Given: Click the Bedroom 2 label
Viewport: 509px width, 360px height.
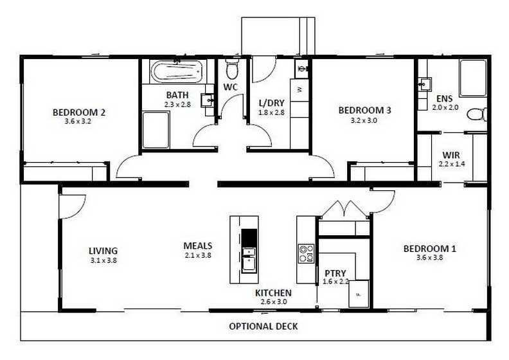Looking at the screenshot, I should click(78, 112).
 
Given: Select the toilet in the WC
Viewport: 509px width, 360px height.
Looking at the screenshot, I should click(232, 67).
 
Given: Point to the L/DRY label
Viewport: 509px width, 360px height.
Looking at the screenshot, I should click(270, 103).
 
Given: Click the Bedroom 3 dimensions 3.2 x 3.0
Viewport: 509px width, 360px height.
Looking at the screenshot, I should click(364, 120).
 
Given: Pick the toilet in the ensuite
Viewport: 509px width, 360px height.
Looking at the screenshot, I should click(476, 114).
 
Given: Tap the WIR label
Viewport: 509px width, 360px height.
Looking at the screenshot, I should click(450, 155).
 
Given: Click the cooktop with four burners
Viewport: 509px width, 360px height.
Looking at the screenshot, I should click(306, 253).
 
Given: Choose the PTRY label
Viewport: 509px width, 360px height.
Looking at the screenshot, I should click(335, 273).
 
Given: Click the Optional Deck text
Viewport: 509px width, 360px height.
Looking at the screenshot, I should click(263, 327).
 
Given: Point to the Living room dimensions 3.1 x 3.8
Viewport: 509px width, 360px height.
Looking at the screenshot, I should click(103, 260).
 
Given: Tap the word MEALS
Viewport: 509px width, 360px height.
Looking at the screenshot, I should click(197, 246).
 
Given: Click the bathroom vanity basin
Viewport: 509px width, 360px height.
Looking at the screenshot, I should click(207, 100).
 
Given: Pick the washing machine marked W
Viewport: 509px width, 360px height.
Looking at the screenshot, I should click(299, 90).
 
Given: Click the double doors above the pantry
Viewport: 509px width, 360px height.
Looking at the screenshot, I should click(346, 208).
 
